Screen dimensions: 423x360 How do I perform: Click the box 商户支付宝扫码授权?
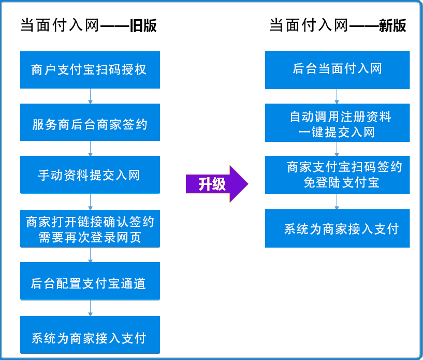pyautogui.click(x=90, y=70)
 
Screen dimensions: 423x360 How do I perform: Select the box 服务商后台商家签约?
pyautogui.click(x=90, y=122)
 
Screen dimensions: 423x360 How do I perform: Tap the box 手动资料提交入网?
pyautogui.click(x=90, y=175)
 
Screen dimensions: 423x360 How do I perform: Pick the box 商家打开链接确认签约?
pyautogui.click(x=90, y=228)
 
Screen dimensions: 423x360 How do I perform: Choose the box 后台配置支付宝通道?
pyautogui.click(x=90, y=281)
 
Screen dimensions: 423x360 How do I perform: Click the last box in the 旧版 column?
pyautogui.click(x=90, y=335)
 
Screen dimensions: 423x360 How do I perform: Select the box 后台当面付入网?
pyautogui.click(x=337, y=70)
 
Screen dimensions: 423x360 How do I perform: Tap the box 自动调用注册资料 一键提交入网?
pyautogui.click(x=337, y=123)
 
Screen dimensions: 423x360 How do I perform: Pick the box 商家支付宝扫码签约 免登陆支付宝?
pyautogui.click(x=337, y=175)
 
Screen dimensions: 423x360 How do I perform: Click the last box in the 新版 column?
pyautogui.click(x=337, y=228)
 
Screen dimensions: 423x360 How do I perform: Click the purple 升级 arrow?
pyautogui.click(x=217, y=184)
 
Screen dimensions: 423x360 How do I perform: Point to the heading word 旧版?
pyautogui.click(x=143, y=25)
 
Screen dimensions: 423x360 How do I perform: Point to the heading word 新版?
pyautogui.click(x=392, y=25)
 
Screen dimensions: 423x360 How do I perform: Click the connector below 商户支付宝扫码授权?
pyautogui.click(x=90, y=96)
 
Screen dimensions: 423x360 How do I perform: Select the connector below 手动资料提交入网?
pyautogui.click(x=90, y=202)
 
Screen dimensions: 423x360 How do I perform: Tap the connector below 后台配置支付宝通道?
pyautogui.click(x=90, y=308)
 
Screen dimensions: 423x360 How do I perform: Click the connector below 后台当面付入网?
pyautogui.click(x=337, y=96)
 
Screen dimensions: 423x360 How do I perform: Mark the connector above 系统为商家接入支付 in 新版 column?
pyautogui.click(x=337, y=202)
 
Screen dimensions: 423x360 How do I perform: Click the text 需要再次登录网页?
pyautogui.click(x=90, y=237)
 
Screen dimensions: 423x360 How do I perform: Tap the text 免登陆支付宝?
pyautogui.click(x=342, y=183)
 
